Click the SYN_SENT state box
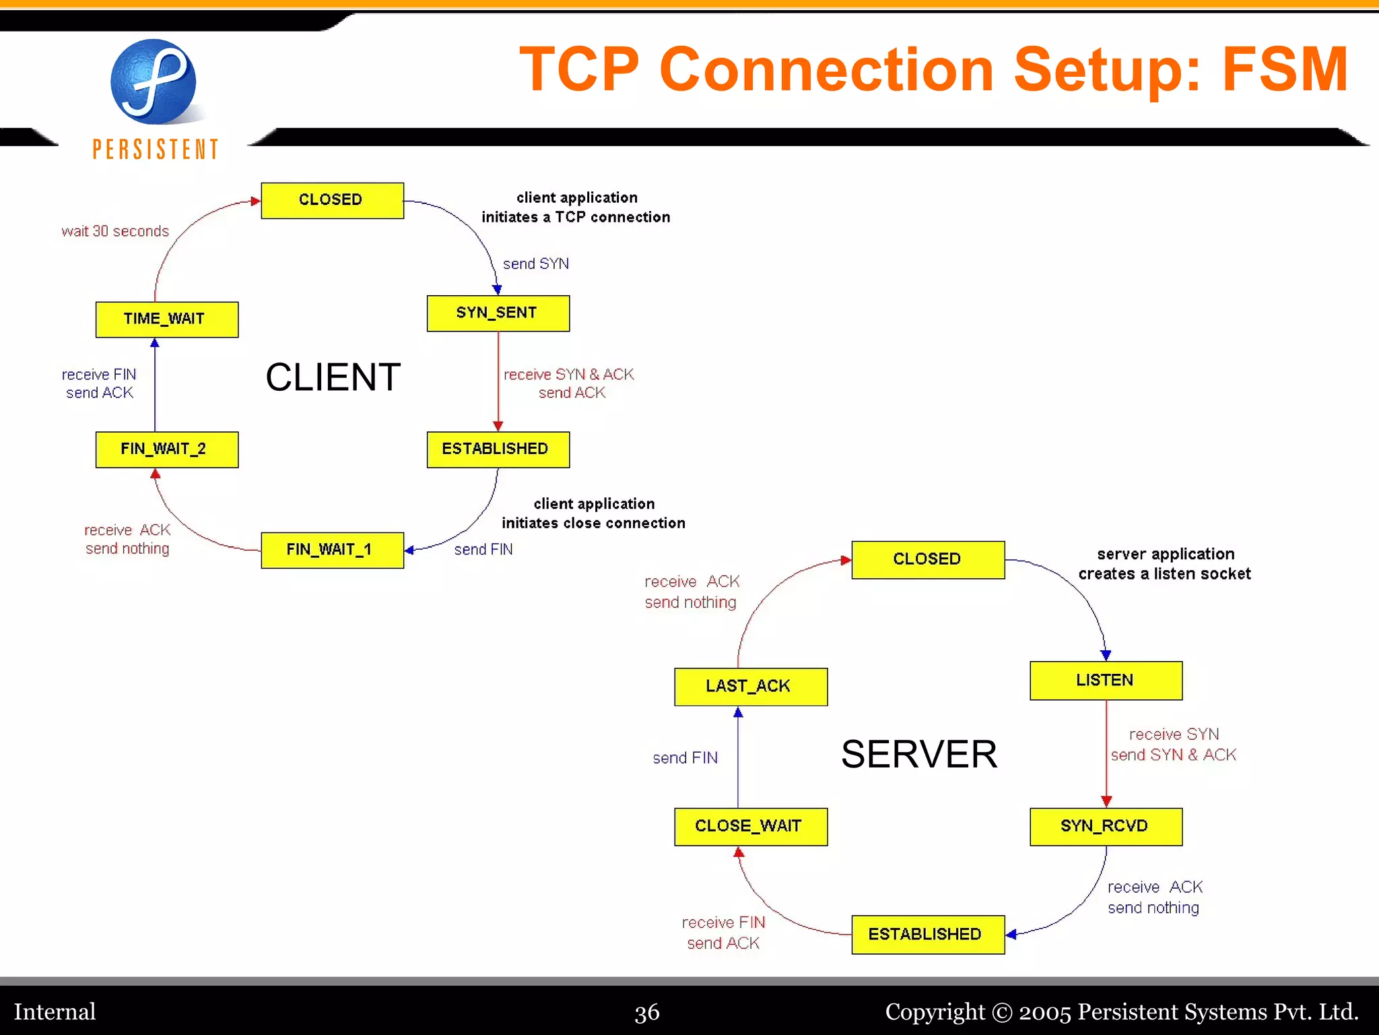click(x=498, y=313)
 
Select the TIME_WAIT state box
click(x=166, y=319)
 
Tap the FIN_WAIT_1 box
click(x=332, y=550)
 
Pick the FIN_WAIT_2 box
click(x=166, y=449)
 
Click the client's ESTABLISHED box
click(x=498, y=449)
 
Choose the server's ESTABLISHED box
click(x=927, y=935)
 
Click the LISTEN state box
click(x=1105, y=681)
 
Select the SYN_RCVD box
click(x=1105, y=826)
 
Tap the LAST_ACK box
click(x=750, y=687)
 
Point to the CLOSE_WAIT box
click(x=750, y=826)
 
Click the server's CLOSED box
click(x=927, y=559)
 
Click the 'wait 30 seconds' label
click(x=115, y=232)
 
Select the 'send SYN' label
click(x=536, y=264)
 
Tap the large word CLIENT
click(x=333, y=377)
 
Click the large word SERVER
click(x=918, y=754)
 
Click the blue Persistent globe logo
click(x=154, y=82)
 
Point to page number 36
click(x=646, y=1012)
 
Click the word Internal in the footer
click(x=55, y=1012)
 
